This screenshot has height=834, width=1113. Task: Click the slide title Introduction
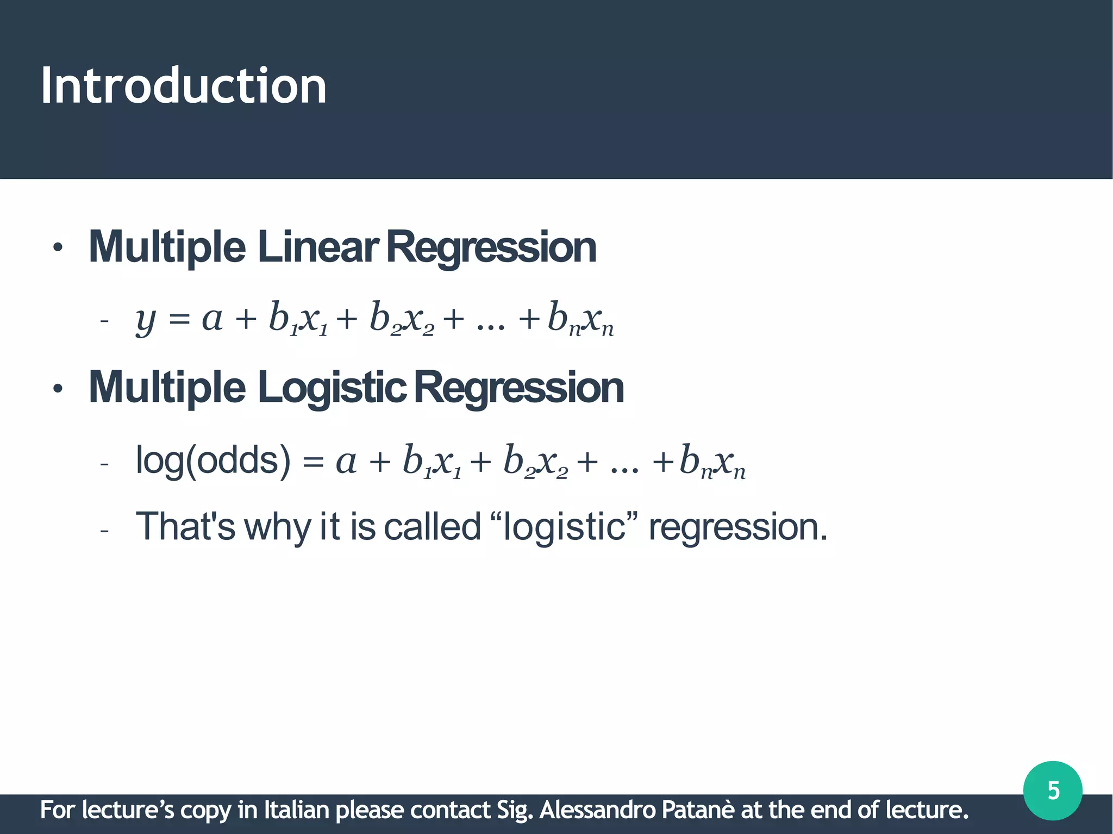click(184, 85)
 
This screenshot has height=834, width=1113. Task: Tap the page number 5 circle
click(1053, 791)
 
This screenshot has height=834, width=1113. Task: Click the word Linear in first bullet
click(317, 247)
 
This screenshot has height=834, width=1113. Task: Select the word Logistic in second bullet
click(332, 388)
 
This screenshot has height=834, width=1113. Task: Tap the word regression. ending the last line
click(737, 527)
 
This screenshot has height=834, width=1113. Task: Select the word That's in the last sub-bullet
click(185, 526)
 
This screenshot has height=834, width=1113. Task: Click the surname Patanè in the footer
click(698, 810)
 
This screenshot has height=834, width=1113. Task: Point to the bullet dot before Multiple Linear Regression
click(58, 249)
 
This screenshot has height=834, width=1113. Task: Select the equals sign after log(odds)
click(313, 463)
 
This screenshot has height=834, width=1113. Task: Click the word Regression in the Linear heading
click(491, 247)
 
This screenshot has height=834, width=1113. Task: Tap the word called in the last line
click(433, 526)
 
